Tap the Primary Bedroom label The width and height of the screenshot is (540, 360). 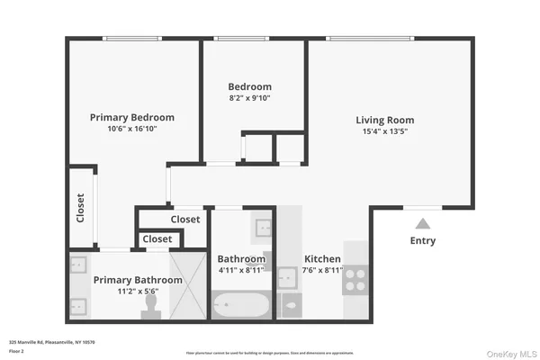[132, 117]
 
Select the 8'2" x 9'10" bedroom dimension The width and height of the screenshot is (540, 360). [249, 99]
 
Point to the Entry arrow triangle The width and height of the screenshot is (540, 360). [422, 221]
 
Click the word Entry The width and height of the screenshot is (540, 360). [423, 240]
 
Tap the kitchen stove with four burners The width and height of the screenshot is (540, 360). [356, 277]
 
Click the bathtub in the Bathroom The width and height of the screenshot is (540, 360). [240, 305]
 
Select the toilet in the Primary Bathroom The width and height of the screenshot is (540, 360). [151, 306]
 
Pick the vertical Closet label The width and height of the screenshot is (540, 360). [80, 208]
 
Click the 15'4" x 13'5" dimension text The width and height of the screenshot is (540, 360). [384, 132]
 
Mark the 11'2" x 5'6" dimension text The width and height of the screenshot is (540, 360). [138, 292]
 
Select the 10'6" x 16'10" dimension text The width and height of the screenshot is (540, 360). [132, 129]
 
